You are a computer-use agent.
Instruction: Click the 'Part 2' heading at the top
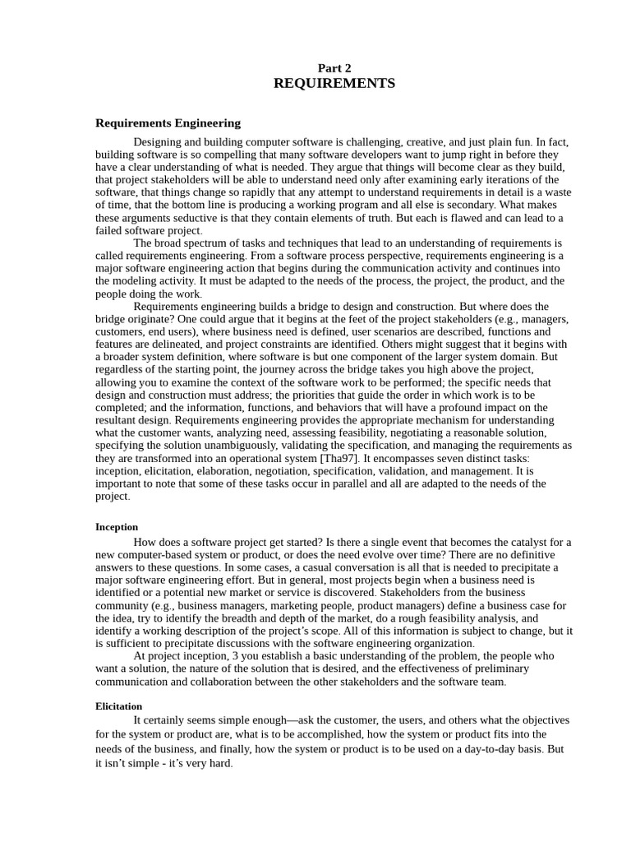334,68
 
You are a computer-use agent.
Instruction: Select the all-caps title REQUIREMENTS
334,84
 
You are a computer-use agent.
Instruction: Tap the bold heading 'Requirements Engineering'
168,123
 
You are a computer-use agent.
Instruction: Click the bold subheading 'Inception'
117,527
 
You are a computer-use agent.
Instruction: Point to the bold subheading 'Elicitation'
119,706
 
